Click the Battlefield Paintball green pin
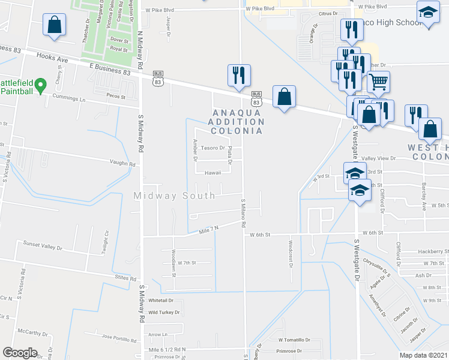coord(40,86)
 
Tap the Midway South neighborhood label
coord(174,196)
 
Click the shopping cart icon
coord(378,81)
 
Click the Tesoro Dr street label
coord(212,148)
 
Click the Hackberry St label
coord(433,251)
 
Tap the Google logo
coord(20,353)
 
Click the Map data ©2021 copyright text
coord(424,355)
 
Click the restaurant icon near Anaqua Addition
coord(239,74)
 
